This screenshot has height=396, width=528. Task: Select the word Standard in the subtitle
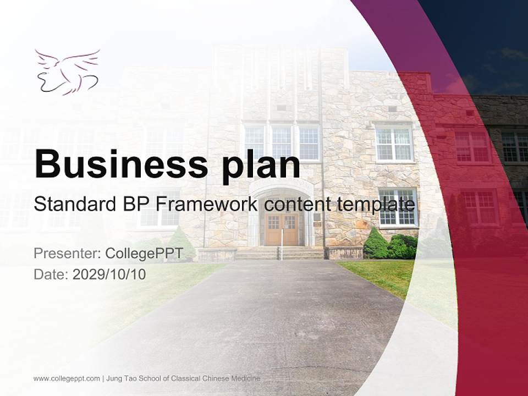click(71, 205)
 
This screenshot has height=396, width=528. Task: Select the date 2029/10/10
click(109, 274)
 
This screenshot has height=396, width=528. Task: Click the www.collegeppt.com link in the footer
click(67, 378)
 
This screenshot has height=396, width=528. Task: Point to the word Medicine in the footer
click(246, 378)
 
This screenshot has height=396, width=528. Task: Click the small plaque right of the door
click(317, 218)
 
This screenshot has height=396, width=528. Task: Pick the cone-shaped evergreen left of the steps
click(180, 242)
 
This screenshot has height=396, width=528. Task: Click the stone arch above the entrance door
click(281, 190)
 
